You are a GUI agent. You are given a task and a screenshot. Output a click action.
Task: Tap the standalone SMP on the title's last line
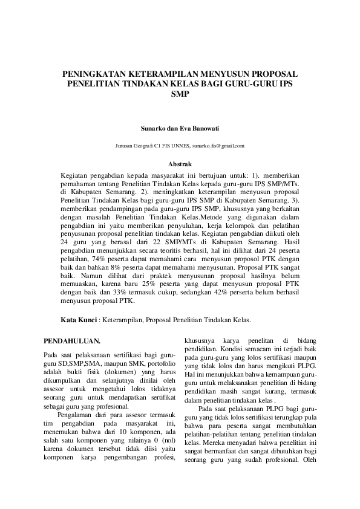(x=180, y=94)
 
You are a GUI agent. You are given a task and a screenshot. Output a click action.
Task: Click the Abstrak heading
(x=180, y=164)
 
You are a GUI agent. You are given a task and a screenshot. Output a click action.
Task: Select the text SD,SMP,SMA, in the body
(x=78, y=363)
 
